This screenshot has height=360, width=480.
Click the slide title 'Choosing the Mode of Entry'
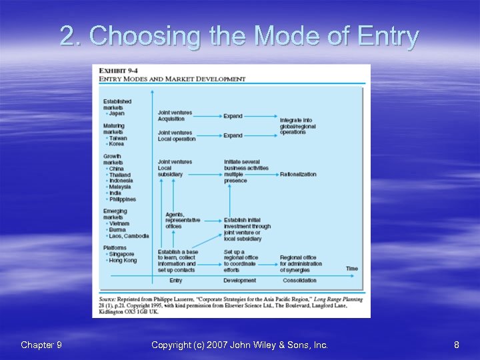tap(239, 36)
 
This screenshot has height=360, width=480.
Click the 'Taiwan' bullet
tap(117, 138)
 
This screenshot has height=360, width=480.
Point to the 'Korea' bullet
tap(116, 144)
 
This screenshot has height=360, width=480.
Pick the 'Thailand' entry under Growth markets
tap(120, 174)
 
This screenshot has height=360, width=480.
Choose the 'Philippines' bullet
tap(123, 199)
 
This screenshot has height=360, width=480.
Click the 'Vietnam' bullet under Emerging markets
tap(119, 223)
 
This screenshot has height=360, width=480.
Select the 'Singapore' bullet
tap(121, 254)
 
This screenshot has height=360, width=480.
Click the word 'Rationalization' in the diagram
tap(298, 174)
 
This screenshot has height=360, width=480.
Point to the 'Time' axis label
tap(351, 269)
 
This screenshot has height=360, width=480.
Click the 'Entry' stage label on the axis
tap(176, 281)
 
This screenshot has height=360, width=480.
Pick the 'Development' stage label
tap(239, 281)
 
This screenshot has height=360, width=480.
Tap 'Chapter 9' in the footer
tap(41, 345)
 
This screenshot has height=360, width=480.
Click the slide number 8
tap(456, 345)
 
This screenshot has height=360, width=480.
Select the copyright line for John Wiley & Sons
tap(239, 345)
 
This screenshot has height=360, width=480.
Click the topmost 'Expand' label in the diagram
tap(233, 116)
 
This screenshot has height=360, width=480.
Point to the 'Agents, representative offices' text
tap(182, 221)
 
